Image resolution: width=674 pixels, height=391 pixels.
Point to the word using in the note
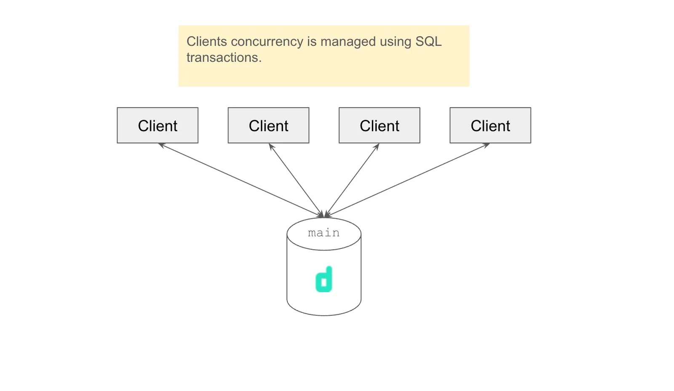396,42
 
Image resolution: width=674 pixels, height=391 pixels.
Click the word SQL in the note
428,42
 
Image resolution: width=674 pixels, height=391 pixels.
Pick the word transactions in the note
224,58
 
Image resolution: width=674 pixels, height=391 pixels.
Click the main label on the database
324,233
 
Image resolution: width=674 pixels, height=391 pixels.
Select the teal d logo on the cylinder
324,279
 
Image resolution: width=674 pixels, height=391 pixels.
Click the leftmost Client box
158,125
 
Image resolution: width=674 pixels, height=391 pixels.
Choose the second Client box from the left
268,125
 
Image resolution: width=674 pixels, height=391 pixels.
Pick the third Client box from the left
379,125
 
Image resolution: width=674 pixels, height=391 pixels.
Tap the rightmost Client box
490,125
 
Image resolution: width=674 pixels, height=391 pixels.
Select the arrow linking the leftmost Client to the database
240,180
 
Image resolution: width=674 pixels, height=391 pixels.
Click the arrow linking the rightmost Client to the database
407,180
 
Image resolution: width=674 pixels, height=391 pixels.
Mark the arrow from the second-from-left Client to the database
296,180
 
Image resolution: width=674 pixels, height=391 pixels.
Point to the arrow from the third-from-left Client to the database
352,180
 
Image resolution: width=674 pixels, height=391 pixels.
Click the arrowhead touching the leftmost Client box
160,145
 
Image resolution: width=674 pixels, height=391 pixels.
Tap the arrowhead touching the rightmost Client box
487,145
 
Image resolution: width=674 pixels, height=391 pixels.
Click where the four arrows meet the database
324,216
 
